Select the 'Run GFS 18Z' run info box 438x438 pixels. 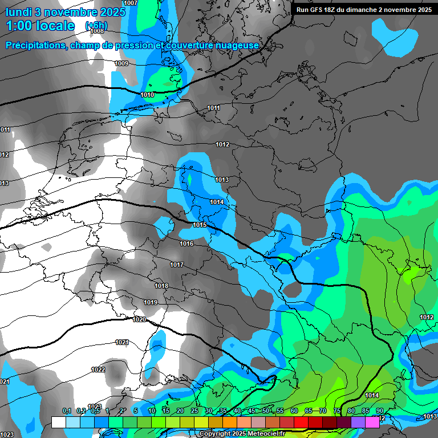(364, 9)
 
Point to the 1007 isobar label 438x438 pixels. (131, 3)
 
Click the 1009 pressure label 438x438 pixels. (121, 63)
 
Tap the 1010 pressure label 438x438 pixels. (147, 95)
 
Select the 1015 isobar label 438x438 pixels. (200, 225)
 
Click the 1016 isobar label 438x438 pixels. (186, 244)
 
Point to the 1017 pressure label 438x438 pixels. (177, 265)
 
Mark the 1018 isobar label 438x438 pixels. (161, 286)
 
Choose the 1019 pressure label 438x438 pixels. (151, 302)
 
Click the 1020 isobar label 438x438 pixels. (139, 319)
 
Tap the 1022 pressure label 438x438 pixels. (98, 370)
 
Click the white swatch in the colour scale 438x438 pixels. (58, 422)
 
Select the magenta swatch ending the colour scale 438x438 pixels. (372, 422)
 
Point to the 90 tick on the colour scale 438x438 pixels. (379, 411)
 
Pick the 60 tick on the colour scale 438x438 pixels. (294, 411)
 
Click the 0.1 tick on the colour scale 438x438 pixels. (66, 411)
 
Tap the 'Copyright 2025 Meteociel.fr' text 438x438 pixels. (242, 434)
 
